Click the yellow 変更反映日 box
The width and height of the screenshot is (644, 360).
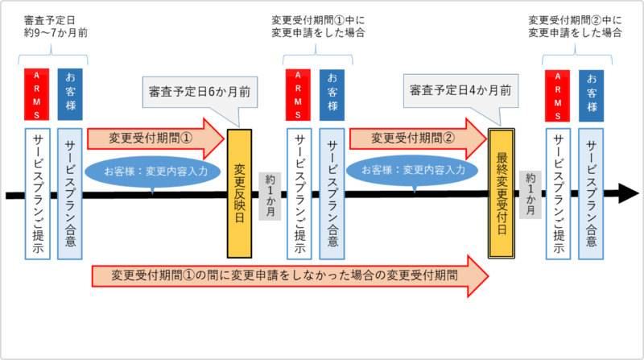pos(239,193)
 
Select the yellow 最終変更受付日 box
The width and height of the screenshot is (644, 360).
pos(501,193)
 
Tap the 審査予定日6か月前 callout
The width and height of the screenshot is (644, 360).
pos(200,92)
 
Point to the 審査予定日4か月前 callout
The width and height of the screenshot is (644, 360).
pos(460,91)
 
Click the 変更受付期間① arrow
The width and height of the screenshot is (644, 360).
pos(156,139)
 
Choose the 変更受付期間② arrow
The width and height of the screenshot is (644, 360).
pos(418,139)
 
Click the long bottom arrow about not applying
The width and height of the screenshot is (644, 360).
pos(290,275)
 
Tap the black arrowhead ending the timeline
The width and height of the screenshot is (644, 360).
pos(629,193)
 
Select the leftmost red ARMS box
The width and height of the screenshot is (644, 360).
pos(36,94)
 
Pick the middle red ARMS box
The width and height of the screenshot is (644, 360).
pos(298,95)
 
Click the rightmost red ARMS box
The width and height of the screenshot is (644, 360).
pos(557,96)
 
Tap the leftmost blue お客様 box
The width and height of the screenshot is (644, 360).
pos(70,94)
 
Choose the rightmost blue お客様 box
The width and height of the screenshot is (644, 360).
pos(592,96)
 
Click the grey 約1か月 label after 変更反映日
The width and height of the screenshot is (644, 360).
pos(270,196)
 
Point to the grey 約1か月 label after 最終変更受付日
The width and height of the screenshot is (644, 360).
pos(530,195)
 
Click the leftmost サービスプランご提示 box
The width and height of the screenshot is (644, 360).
pos(37,194)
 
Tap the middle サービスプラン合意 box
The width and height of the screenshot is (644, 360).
pos(332,194)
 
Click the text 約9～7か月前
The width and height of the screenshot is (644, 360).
pos(56,33)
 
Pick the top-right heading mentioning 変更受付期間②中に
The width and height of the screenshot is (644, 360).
pos(575,27)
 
